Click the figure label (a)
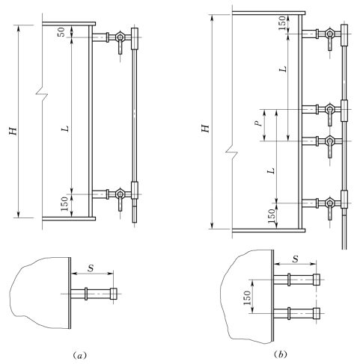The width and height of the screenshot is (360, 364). [80, 355]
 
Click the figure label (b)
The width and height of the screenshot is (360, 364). [281, 354]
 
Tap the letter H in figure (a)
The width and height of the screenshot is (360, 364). [13, 131]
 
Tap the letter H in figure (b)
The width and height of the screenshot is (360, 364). [206, 129]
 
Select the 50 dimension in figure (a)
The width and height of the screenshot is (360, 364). [61, 32]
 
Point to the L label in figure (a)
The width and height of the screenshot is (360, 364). [66, 129]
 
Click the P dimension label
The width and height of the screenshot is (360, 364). [260, 123]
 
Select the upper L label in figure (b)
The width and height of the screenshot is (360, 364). [283, 69]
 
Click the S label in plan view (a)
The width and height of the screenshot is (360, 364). [91, 268]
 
